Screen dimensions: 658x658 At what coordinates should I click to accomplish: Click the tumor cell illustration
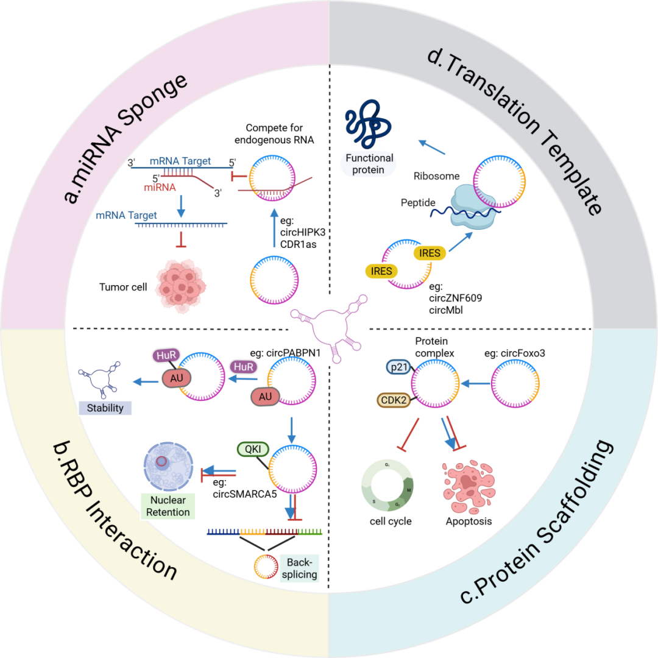[x=183, y=285]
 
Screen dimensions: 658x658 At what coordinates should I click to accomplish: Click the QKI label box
[x=251, y=449]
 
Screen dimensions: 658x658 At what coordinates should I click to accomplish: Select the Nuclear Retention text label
[x=168, y=506]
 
